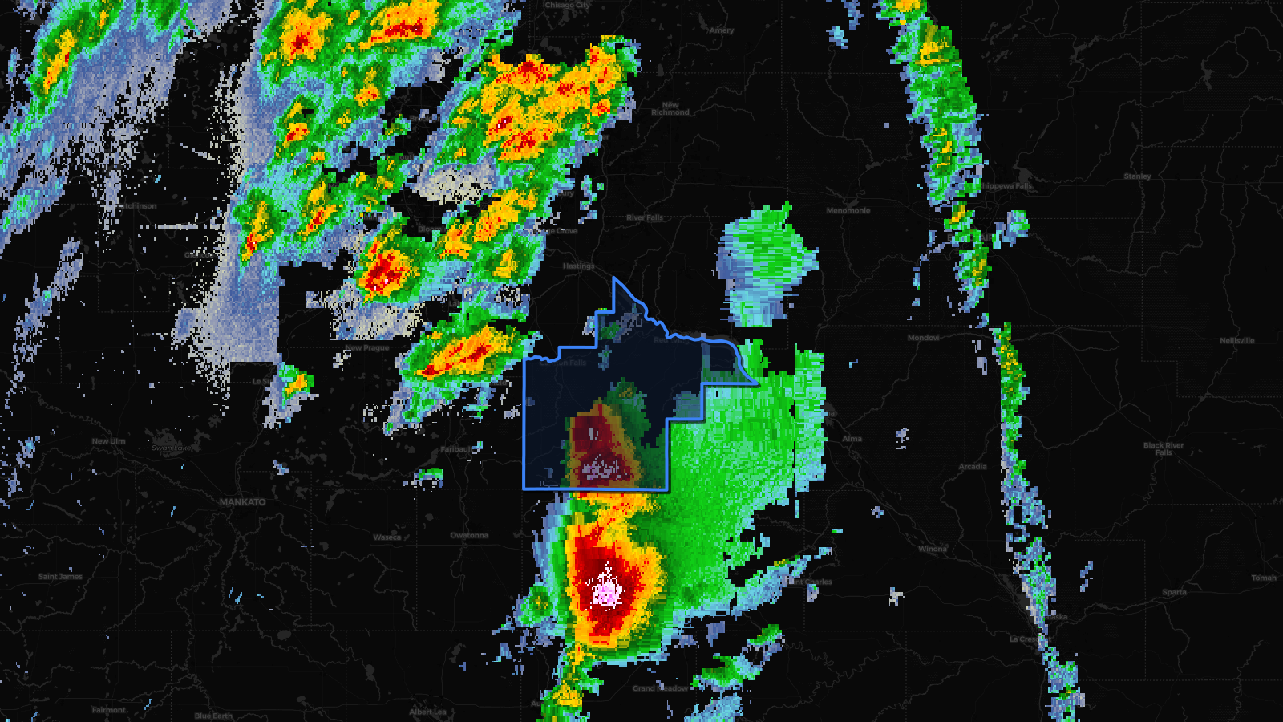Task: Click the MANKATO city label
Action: [242, 502]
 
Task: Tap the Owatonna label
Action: [469, 535]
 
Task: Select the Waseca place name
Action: [387, 537]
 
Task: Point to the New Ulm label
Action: [108, 441]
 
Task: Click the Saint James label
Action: [60, 576]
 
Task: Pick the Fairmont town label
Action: [109, 710]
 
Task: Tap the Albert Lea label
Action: [427, 712]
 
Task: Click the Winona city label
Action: [933, 549]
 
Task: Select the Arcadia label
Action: [973, 466]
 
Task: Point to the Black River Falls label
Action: [1164, 448]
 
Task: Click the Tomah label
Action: [1264, 578]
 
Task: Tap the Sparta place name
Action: [1174, 592]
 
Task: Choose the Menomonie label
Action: [848, 210]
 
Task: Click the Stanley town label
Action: [1137, 176]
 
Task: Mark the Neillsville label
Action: [1236, 340]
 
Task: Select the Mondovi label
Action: [923, 338]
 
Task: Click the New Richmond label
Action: [670, 108]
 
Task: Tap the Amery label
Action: [721, 30]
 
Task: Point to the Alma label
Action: [852, 439]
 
